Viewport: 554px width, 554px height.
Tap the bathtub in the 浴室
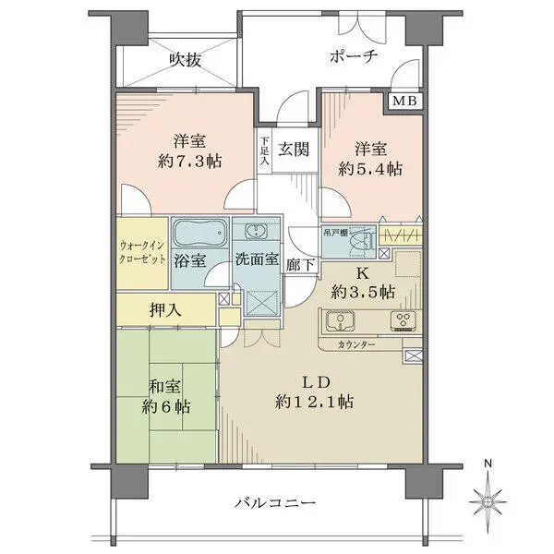click(x=200, y=234)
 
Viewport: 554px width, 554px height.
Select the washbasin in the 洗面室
click(x=256, y=232)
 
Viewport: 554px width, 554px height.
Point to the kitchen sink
click(x=340, y=320)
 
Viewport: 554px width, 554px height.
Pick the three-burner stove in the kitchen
click(x=403, y=320)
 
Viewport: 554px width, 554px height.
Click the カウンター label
click(x=356, y=344)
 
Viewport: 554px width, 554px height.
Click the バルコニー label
click(x=275, y=502)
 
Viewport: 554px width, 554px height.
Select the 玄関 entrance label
click(x=294, y=149)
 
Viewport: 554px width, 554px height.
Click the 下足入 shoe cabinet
click(x=265, y=151)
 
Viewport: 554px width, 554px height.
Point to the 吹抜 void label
click(x=186, y=60)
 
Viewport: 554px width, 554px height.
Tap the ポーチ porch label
click(x=354, y=55)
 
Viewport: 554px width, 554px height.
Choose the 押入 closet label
click(x=165, y=310)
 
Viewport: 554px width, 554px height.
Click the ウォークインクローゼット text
click(x=142, y=252)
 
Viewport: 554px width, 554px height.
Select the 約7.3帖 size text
click(x=189, y=162)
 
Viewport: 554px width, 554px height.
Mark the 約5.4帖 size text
click(x=370, y=169)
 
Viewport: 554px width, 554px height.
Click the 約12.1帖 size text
click(x=314, y=402)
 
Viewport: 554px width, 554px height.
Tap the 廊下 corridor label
click(x=300, y=265)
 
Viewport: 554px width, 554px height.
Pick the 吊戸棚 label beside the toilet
click(x=335, y=233)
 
